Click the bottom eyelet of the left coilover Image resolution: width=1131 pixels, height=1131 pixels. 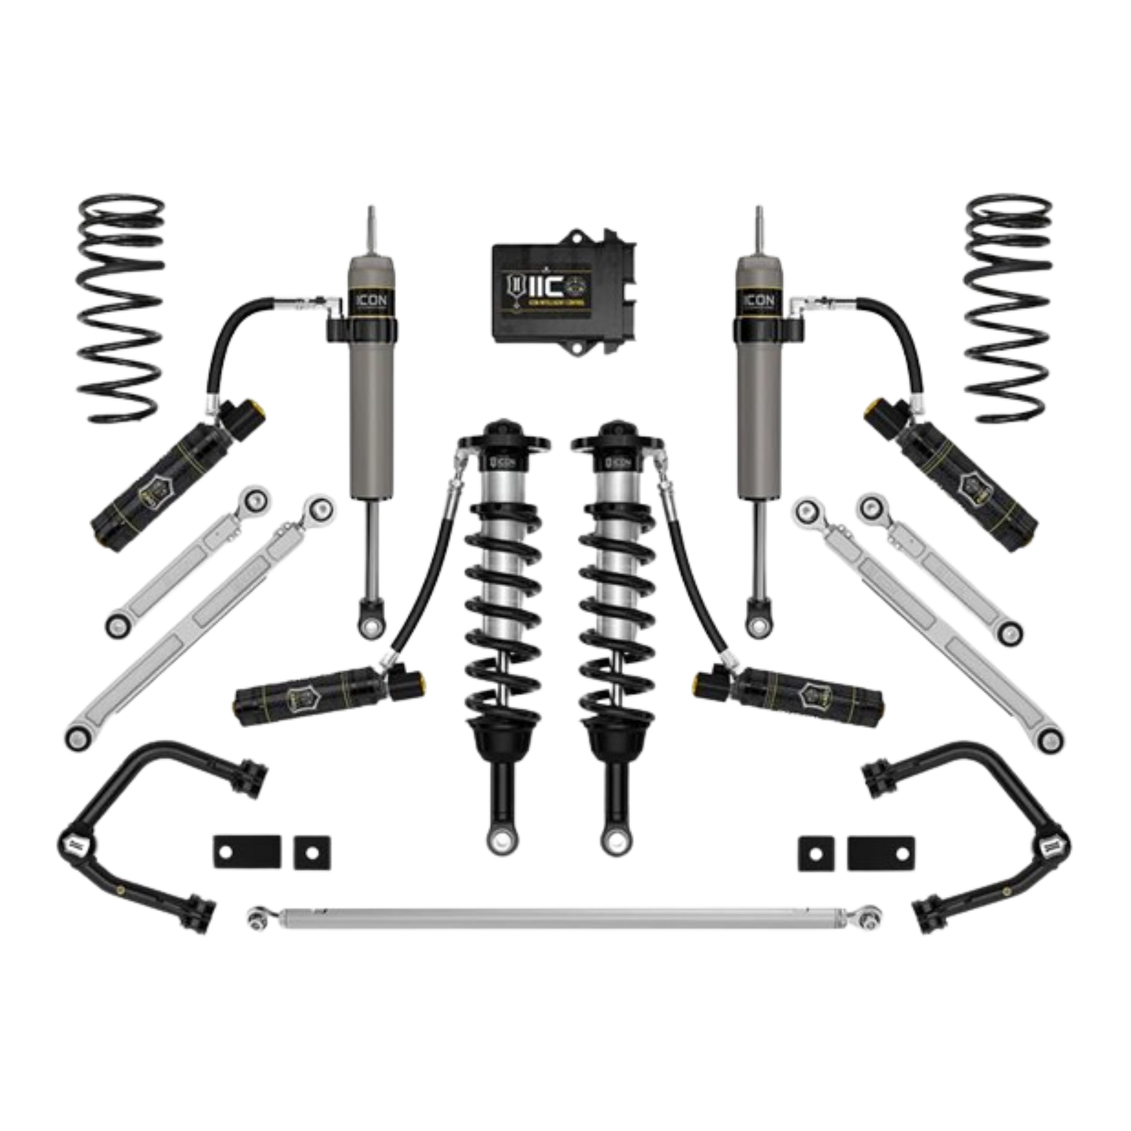[497, 840]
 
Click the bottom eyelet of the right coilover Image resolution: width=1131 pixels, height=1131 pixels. [612, 840]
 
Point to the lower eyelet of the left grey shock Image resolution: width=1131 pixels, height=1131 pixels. [367, 625]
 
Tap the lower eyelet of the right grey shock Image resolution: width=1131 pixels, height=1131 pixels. [756, 625]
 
